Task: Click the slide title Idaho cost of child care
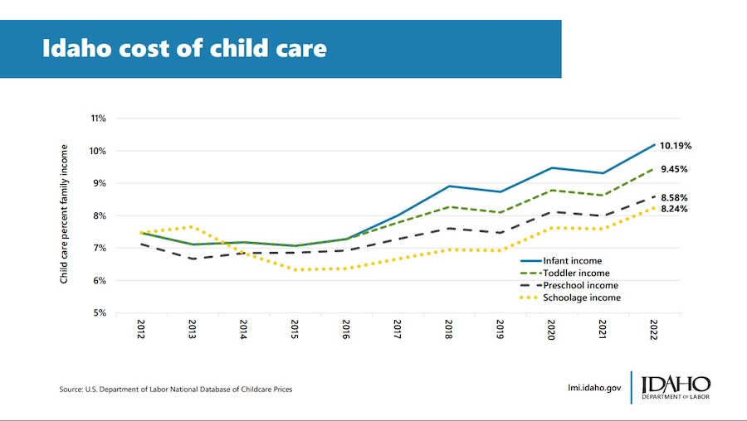click(x=184, y=48)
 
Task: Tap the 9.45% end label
click(x=673, y=169)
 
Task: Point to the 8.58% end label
click(x=673, y=198)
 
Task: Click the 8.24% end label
click(x=673, y=210)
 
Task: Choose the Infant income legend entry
click(x=572, y=261)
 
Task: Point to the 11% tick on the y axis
click(x=98, y=119)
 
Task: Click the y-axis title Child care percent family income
click(x=64, y=215)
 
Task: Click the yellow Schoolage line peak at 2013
click(x=193, y=226)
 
